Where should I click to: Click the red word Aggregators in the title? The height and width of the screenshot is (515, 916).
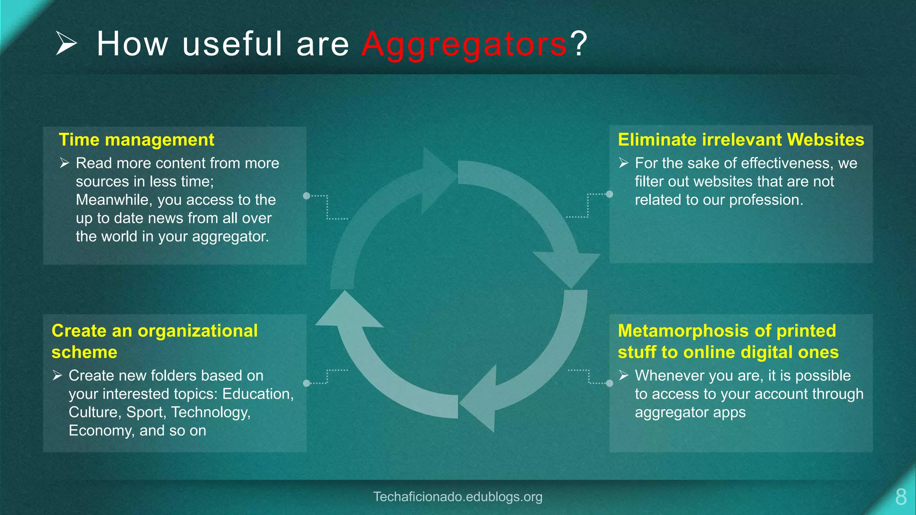click(x=464, y=45)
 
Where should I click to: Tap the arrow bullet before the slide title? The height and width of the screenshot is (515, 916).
click(x=66, y=43)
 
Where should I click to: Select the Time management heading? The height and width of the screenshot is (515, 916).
click(x=136, y=140)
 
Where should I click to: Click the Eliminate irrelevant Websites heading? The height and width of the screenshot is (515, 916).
click(x=741, y=140)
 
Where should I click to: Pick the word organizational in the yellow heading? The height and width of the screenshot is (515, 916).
click(x=197, y=331)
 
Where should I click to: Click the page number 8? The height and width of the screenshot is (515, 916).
click(x=901, y=497)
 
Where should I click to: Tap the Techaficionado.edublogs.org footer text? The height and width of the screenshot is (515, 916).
click(x=458, y=497)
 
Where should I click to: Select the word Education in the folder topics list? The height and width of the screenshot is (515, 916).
click(x=257, y=394)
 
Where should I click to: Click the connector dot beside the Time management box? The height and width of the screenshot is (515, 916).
click(x=306, y=196)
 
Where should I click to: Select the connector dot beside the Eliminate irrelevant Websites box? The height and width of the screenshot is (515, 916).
click(x=610, y=194)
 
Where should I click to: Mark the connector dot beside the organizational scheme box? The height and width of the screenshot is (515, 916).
click(x=306, y=383)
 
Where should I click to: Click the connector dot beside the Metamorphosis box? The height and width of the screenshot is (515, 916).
click(x=610, y=383)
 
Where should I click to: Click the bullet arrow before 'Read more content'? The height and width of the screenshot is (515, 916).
click(x=64, y=163)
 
